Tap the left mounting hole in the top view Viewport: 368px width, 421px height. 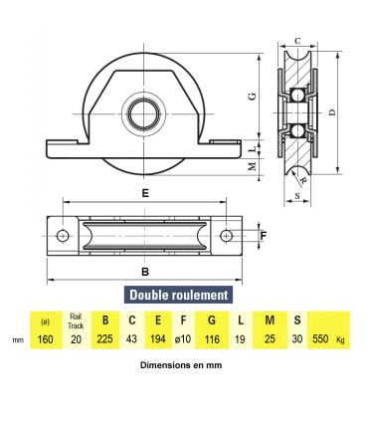[63, 236]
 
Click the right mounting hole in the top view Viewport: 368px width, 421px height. [226, 236]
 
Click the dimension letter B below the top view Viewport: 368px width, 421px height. [144, 271]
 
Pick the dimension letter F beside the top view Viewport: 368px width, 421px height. [264, 236]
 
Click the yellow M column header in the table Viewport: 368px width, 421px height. [270, 320]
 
